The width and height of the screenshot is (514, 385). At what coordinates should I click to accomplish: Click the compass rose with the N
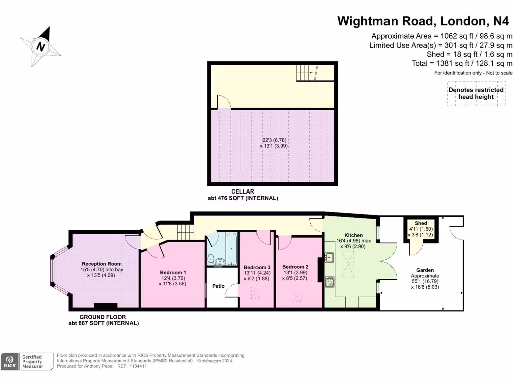(x=41, y=47)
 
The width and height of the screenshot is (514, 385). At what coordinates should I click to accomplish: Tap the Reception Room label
(x=102, y=264)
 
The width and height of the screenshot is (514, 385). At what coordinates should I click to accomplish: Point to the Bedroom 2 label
(x=295, y=267)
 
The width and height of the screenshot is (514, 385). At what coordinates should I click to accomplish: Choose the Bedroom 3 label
(x=256, y=267)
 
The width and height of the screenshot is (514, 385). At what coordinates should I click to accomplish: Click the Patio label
(x=219, y=286)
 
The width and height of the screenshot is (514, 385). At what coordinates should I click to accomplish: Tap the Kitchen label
(x=353, y=235)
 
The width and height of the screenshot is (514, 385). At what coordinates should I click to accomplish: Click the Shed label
(x=420, y=223)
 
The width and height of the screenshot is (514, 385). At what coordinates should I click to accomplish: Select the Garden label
(x=425, y=270)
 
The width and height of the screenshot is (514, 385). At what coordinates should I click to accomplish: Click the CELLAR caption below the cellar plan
(x=242, y=191)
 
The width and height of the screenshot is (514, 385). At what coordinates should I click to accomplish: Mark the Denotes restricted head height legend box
(x=476, y=94)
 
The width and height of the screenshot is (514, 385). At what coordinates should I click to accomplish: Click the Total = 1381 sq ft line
(x=462, y=63)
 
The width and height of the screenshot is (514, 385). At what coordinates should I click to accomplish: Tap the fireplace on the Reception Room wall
(x=106, y=306)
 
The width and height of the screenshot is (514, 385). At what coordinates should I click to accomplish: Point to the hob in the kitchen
(x=330, y=282)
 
